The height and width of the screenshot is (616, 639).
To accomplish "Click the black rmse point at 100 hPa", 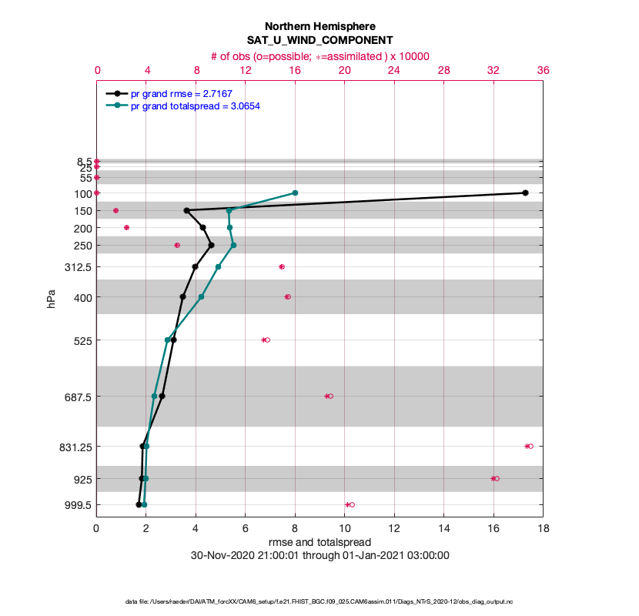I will pyautogui.click(x=525, y=192).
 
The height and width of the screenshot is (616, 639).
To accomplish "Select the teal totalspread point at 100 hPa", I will pyautogui.click(x=295, y=192).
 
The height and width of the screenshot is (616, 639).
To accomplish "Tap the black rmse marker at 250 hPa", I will pyautogui.click(x=211, y=245).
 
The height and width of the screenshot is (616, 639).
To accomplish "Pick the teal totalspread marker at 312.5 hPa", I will pyautogui.click(x=218, y=266).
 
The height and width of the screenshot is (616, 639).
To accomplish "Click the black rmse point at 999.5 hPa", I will pyautogui.click(x=139, y=504).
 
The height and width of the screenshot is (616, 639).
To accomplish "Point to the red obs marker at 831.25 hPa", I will pyautogui.click(x=529, y=446).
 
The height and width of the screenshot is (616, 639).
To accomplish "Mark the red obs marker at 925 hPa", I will pyautogui.click(x=495, y=478).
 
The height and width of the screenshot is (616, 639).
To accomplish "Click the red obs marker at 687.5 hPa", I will pyautogui.click(x=329, y=396).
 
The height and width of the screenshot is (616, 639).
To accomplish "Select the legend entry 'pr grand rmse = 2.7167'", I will pyautogui.click(x=181, y=93).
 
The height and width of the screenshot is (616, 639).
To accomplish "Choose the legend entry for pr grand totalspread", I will pyautogui.click(x=195, y=105).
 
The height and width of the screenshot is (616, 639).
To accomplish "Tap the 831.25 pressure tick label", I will pyautogui.click(x=73, y=447).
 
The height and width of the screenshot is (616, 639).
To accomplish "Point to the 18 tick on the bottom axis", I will pyautogui.click(x=543, y=528).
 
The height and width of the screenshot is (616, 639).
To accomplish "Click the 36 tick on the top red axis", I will pyautogui.click(x=543, y=70).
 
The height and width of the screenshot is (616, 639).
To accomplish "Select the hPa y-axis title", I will pyautogui.click(x=52, y=300).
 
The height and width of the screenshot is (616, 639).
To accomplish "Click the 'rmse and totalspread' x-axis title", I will pyautogui.click(x=319, y=541).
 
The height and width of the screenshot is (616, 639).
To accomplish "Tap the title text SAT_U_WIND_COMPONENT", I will pyautogui.click(x=319, y=39).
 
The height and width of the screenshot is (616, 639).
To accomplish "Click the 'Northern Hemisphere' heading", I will pyautogui.click(x=319, y=25).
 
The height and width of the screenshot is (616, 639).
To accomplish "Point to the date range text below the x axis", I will pyautogui.click(x=319, y=554).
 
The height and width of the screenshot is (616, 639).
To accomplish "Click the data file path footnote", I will pyautogui.click(x=319, y=601).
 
